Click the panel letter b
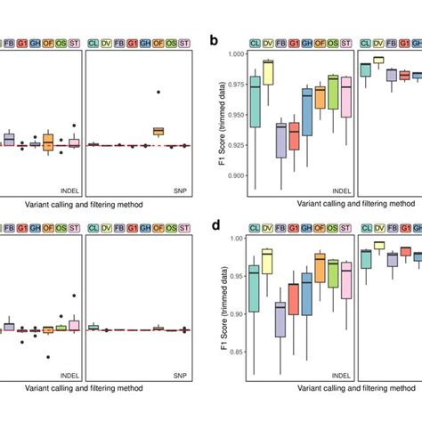click(213, 41)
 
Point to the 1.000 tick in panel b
click(232, 54)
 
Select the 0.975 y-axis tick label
click(232, 85)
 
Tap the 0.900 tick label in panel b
click(232, 175)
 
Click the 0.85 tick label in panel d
click(235, 351)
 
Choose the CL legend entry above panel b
click(254, 42)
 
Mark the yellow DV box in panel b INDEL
click(268, 73)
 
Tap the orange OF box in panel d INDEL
click(320, 267)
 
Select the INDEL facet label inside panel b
click(337, 190)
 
